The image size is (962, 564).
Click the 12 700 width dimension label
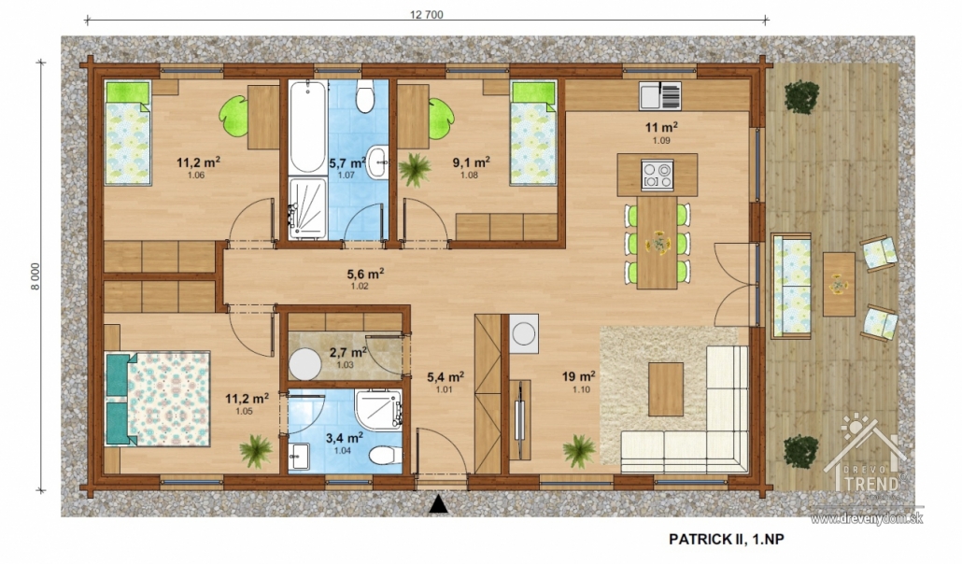pos(427,15)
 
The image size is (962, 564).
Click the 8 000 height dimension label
pos(35,276)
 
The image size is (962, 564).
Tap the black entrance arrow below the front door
pos(437,504)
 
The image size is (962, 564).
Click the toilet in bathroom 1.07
pos(365,97)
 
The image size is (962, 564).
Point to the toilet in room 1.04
pos(386,456)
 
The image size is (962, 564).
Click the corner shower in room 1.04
pos(378,409)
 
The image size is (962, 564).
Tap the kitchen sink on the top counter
pos(659,96)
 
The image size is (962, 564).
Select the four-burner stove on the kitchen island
pos(658,175)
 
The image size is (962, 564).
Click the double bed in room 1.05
pos(158,398)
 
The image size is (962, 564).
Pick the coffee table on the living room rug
pos(666,389)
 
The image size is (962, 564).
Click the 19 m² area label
pos(578,376)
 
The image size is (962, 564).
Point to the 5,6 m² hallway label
pos(366,274)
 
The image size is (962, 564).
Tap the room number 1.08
pos(470,175)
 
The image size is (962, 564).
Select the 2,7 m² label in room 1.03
pos(347,352)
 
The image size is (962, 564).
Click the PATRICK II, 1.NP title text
pos(727,539)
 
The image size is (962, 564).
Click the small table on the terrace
pos(839,284)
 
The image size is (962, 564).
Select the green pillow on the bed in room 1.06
pos(128,92)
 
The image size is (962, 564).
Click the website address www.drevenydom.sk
pos(867,519)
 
